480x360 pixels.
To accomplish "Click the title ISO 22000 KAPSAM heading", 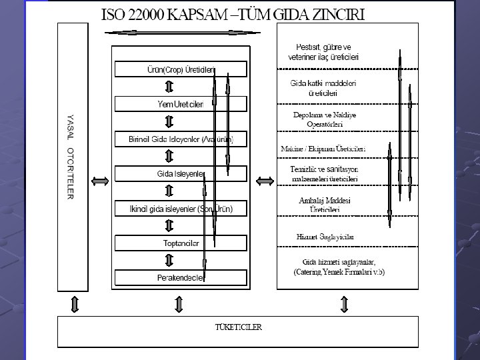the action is (232, 14).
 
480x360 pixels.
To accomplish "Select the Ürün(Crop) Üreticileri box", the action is (181, 69).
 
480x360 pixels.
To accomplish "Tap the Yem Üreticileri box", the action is (181, 103).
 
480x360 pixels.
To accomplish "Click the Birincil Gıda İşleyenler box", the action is (181, 139).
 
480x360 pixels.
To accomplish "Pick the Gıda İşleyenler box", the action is (181, 174).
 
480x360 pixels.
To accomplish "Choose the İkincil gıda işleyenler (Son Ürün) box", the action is (181, 209).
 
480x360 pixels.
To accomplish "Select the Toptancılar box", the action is (181, 243).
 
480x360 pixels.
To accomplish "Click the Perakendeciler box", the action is (181, 277).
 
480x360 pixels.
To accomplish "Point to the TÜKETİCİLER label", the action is (238, 327).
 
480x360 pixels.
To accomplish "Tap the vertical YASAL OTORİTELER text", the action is (70, 157).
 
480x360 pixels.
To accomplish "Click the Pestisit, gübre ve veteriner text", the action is (324, 52).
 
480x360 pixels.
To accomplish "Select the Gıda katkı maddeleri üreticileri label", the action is (324, 88).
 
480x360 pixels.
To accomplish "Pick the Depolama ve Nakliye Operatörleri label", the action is (325, 119).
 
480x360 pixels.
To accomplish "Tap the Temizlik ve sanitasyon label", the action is (325, 174).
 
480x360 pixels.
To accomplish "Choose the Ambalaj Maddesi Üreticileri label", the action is (325, 205).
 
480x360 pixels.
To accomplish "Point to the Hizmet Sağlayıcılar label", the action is (325, 237).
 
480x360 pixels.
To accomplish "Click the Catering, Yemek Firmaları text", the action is (339, 272).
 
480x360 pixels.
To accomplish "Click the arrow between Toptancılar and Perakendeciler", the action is (169, 260).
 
